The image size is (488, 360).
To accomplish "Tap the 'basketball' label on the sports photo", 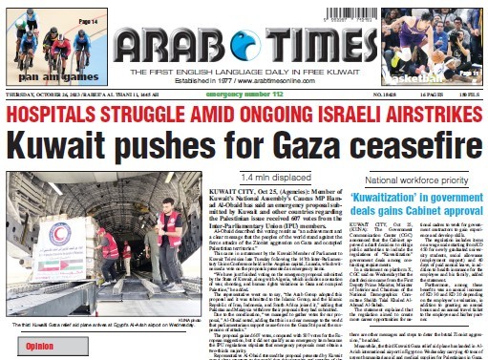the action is coord(439,75).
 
